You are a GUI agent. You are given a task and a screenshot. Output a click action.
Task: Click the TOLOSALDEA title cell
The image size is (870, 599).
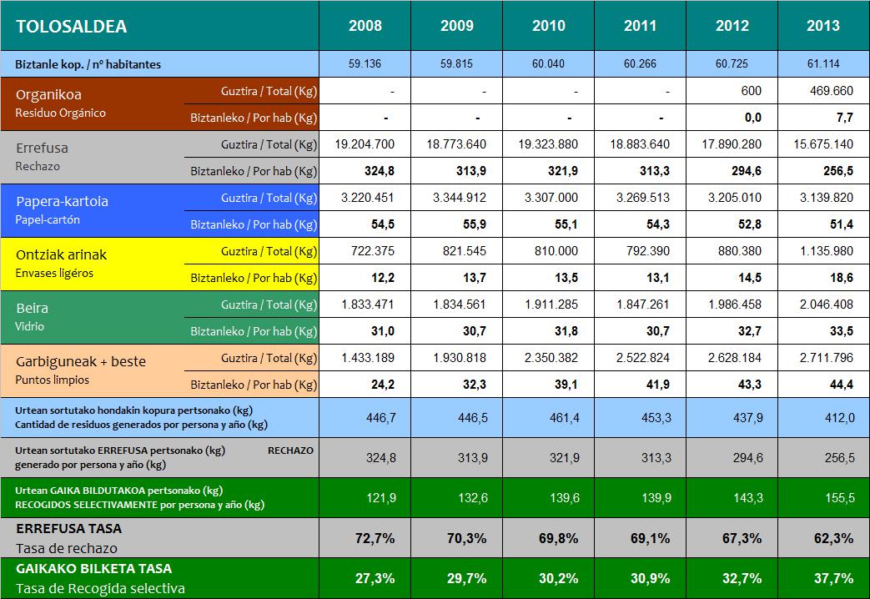(72, 26)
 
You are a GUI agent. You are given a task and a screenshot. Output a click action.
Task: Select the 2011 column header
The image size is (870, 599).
(640, 26)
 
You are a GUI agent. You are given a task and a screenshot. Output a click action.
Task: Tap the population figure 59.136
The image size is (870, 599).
(365, 63)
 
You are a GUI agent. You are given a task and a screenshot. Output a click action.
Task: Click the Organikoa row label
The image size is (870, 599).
(49, 95)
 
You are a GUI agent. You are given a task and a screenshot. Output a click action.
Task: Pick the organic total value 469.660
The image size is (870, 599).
(823, 91)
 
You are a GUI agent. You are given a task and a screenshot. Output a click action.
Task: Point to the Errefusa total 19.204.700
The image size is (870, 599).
(365, 144)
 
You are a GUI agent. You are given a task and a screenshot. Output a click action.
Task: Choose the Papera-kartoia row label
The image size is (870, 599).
(63, 201)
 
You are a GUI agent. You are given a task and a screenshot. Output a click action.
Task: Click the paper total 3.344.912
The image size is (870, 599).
(456, 198)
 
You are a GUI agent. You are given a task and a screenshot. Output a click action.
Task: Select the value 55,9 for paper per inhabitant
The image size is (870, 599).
(456, 224)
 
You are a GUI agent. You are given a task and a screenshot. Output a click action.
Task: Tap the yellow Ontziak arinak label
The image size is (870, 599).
(62, 254)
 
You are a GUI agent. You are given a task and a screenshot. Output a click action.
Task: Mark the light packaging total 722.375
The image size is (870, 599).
(365, 251)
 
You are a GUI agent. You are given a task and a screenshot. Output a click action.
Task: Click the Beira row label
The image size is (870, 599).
(33, 308)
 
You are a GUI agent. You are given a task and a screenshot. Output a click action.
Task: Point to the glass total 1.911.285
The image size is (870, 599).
(548, 305)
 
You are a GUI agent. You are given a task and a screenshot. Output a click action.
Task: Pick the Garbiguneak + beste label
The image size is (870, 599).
(81, 361)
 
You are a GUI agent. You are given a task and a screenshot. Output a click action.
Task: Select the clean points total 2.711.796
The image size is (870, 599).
(823, 358)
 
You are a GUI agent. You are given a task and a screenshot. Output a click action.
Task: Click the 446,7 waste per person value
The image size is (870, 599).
(365, 417)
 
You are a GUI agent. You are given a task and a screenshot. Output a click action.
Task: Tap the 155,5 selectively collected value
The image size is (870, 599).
(823, 497)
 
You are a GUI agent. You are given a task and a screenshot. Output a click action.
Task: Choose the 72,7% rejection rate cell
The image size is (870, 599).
(365, 538)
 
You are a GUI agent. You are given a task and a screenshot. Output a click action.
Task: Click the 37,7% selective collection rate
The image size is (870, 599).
(823, 578)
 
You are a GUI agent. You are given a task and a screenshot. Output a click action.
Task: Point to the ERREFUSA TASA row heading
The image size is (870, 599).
(69, 529)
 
